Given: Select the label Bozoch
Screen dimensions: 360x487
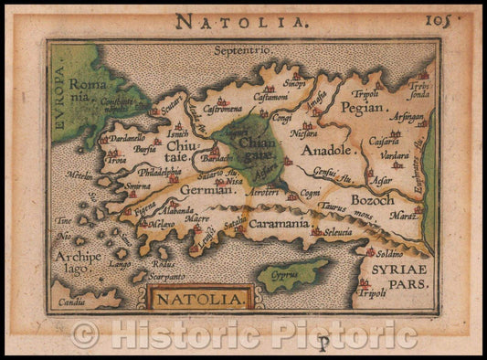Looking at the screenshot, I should [374, 197].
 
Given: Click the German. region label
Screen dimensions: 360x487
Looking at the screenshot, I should [208, 190].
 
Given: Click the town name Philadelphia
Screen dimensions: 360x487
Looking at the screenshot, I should [158, 172].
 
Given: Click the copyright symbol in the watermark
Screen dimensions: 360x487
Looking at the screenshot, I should [85, 334].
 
